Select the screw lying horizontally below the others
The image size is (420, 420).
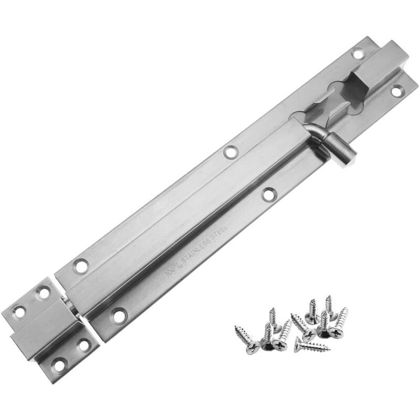312,345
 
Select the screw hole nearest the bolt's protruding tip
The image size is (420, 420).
397,91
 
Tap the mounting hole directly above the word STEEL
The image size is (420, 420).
269,194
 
